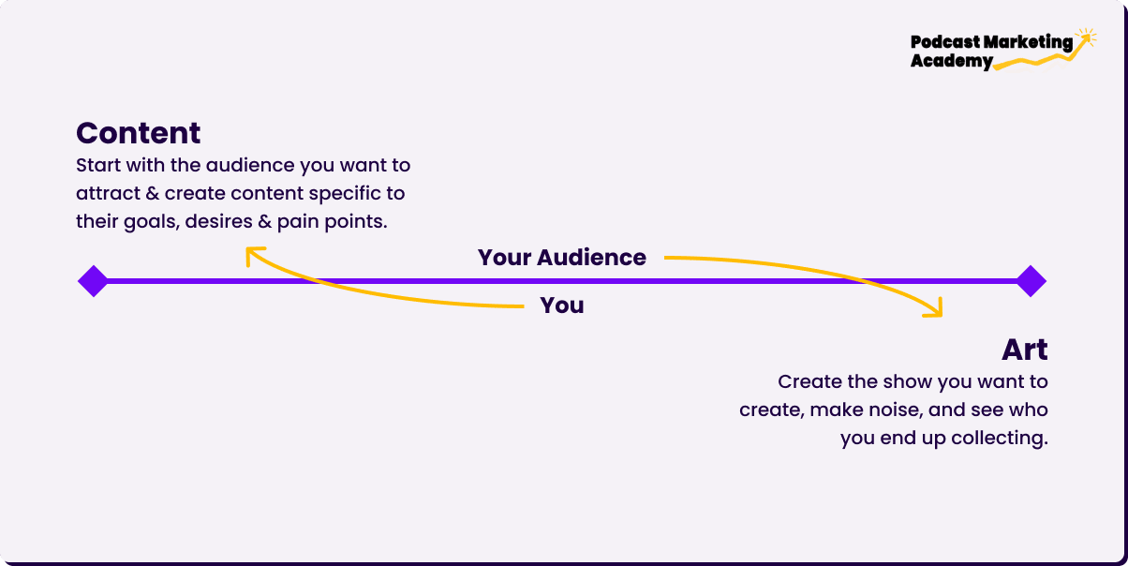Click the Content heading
[x=139, y=133]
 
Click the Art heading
[x=1025, y=350]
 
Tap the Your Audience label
[x=562, y=258]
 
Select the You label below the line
[x=562, y=305]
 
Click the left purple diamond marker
[x=94, y=281]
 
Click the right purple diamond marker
[x=1031, y=281]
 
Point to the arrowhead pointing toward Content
[x=253, y=253]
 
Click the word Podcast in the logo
[x=945, y=42]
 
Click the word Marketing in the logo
[x=1029, y=42]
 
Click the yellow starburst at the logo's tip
[x=1086, y=37]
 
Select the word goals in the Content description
[x=152, y=222]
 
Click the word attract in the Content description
[x=109, y=193]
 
